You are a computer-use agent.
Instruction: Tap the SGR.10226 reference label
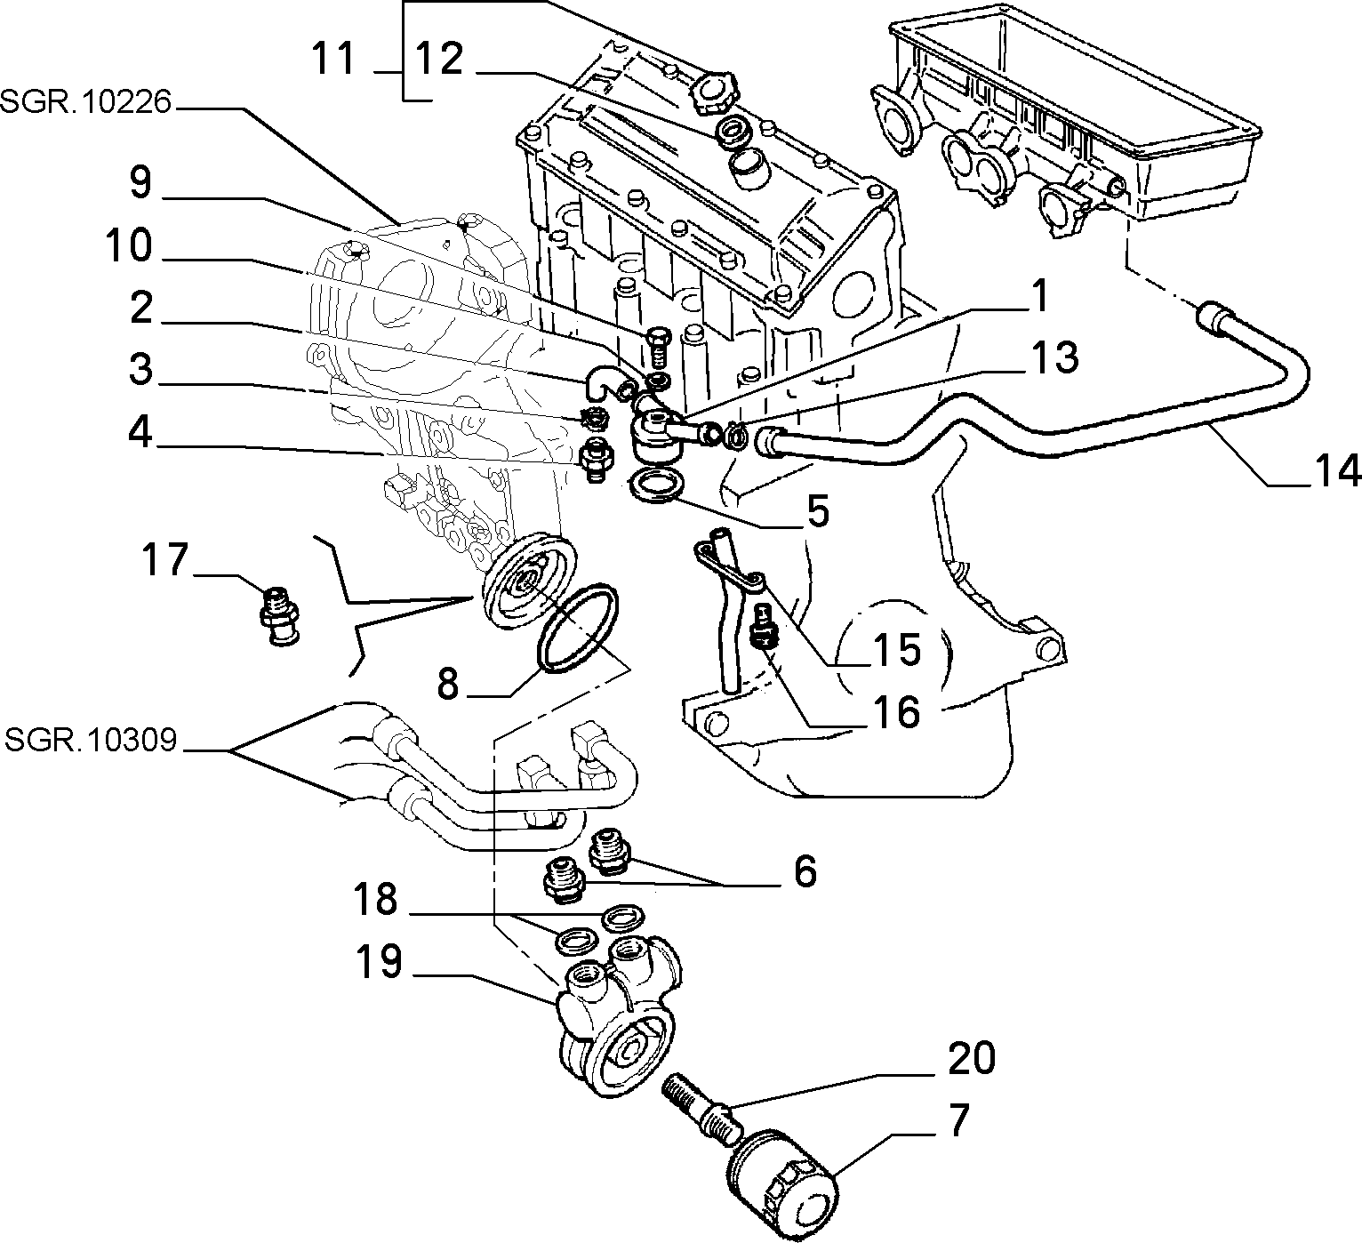pyautogui.click(x=85, y=102)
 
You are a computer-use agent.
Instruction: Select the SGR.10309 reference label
pyautogui.click(x=91, y=740)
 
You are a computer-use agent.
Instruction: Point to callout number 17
pyautogui.click(x=164, y=559)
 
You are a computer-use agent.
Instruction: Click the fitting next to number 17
pyautogui.click(x=280, y=616)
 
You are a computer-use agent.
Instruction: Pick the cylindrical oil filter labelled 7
pyautogui.click(x=782, y=1175)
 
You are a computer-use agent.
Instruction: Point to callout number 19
pyautogui.click(x=378, y=961)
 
